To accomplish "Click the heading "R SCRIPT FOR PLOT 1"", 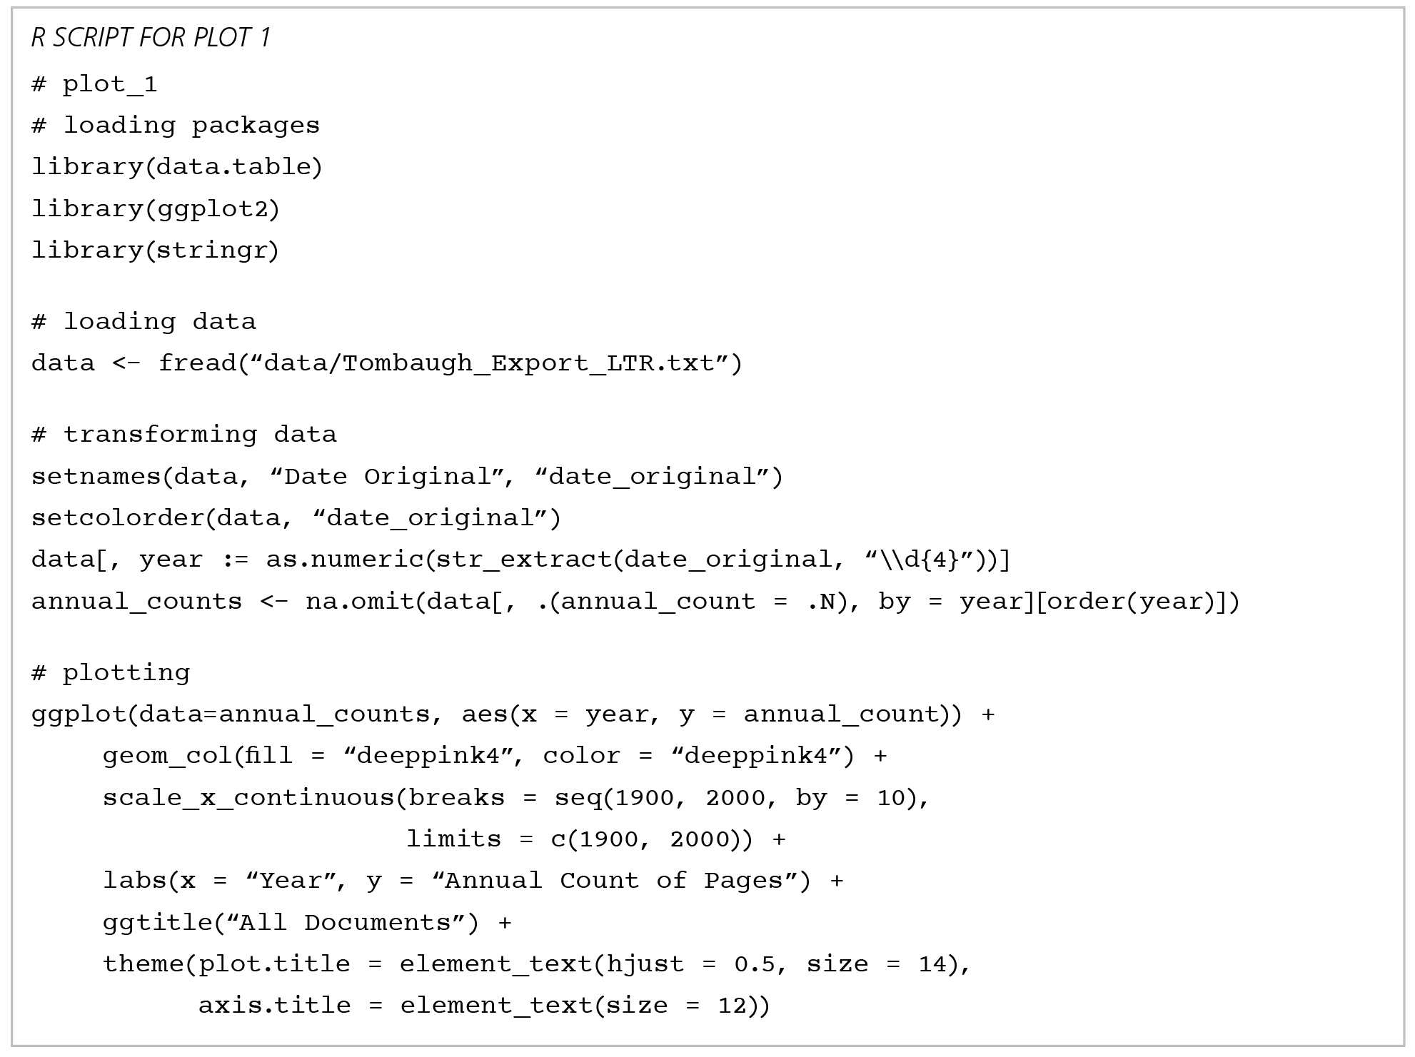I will click(151, 38).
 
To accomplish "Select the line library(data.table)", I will click(177, 167).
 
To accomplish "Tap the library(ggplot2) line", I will click(156, 209).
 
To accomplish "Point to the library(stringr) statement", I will click(155, 251).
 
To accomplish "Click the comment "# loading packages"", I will click(176, 126).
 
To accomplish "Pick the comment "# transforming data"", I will click(184, 435).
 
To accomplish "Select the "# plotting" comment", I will click(111, 673).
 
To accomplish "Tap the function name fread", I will click(197, 363).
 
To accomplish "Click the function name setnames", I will click(96, 477).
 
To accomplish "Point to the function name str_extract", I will click(524, 560).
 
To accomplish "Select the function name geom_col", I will click(167, 756).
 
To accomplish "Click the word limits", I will click(453, 839).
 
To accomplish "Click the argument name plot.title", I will click(274, 964).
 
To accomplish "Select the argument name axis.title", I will click(274, 1006).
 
